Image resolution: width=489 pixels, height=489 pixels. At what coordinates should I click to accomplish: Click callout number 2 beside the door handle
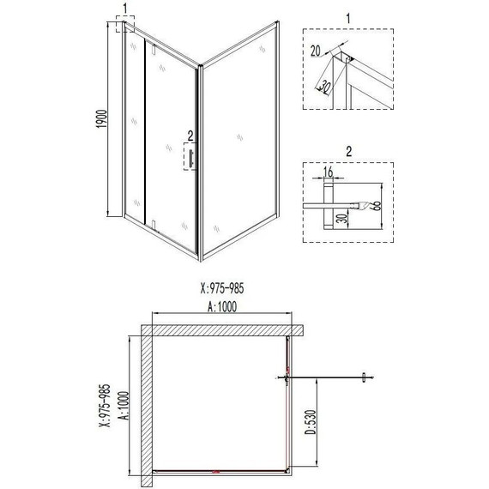tap(190, 135)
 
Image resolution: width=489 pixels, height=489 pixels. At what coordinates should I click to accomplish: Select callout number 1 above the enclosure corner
tap(125, 8)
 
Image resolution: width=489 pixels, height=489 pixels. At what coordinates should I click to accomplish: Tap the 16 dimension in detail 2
tap(328, 174)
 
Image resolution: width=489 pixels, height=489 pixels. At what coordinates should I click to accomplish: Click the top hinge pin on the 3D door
tap(151, 54)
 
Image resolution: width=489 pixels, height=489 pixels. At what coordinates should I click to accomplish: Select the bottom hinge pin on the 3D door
tap(152, 226)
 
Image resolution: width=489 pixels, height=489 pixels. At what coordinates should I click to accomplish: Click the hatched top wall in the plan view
tap(223, 331)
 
